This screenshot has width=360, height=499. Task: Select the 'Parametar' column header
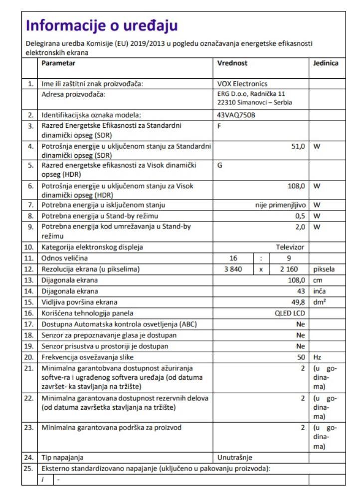pyautogui.click(x=59, y=64)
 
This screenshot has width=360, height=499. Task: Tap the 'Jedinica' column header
pyautogui.click(x=325, y=64)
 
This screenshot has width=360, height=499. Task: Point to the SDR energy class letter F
pyautogui.click(x=220, y=125)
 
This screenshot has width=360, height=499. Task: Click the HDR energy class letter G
pyautogui.click(x=220, y=165)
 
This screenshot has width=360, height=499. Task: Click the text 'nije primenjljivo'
pyautogui.click(x=281, y=205)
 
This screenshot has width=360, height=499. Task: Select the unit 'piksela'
pyautogui.click(x=324, y=269)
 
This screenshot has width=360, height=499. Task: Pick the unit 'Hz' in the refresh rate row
pyautogui.click(x=318, y=357)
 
